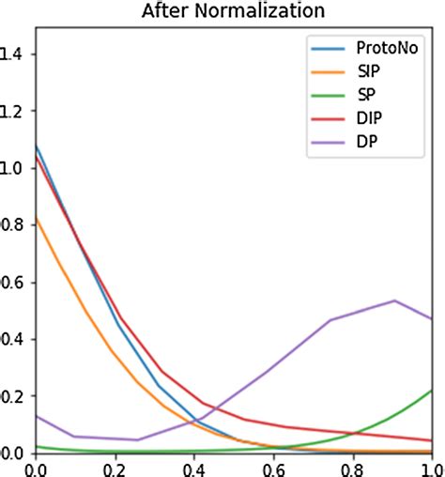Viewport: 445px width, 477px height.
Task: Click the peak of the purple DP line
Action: (x=393, y=300)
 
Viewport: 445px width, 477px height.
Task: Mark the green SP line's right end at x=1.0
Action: (x=432, y=390)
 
